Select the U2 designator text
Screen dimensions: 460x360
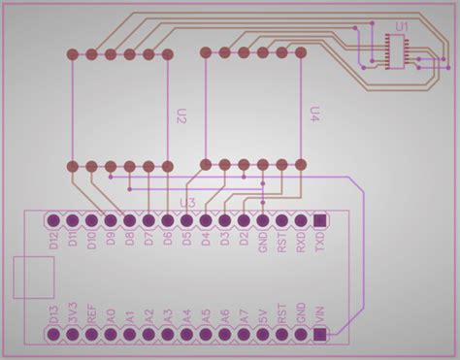click(x=181, y=116)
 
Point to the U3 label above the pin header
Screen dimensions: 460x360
click(x=188, y=203)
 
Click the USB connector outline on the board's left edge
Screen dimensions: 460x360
click(x=33, y=278)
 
